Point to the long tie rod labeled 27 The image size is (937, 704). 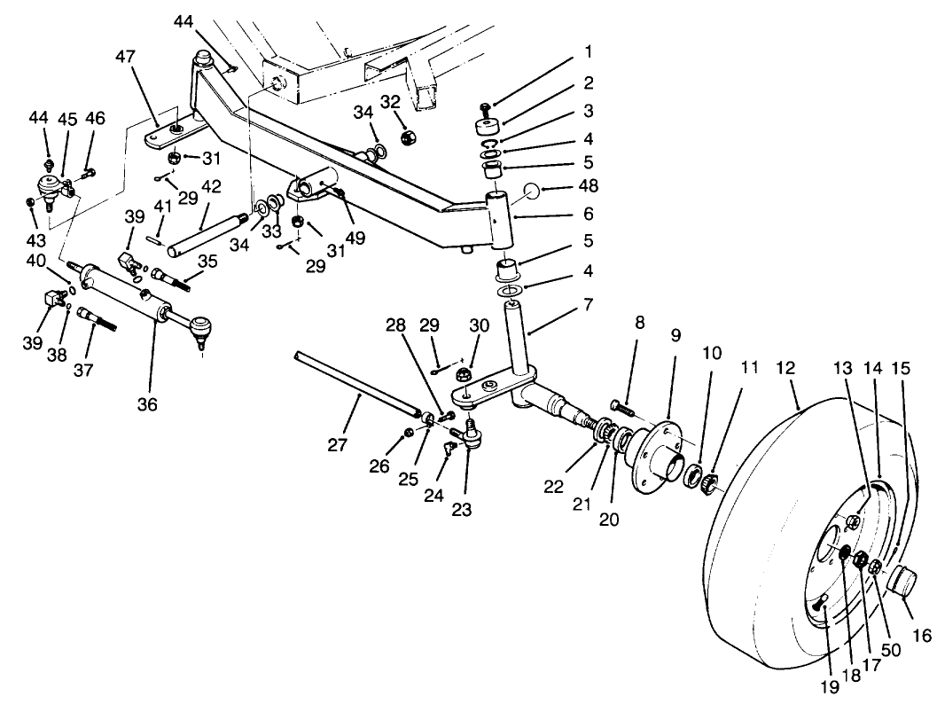click(355, 381)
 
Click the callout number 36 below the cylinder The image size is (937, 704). click(147, 404)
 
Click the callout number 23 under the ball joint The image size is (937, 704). click(462, 510)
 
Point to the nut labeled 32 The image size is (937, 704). click(409, 137)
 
